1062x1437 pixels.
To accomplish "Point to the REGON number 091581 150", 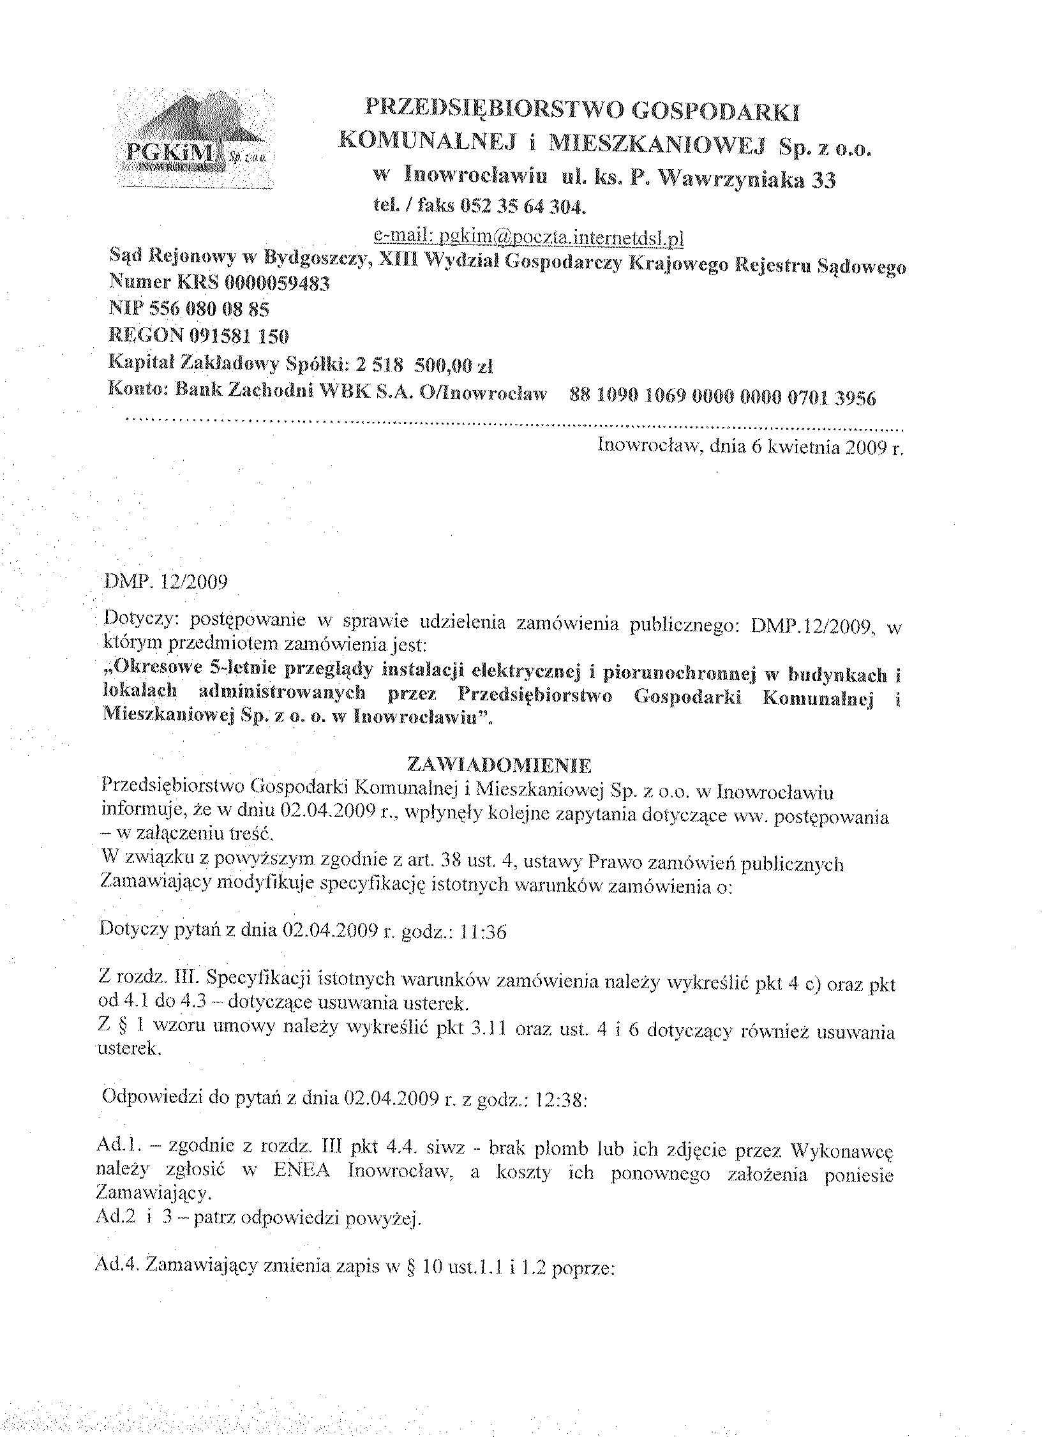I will click(x=239, y=336).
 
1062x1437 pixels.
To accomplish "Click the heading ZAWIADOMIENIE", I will click(x=500, y=765).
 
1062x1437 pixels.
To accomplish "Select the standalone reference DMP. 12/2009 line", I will click(x=165, y=582).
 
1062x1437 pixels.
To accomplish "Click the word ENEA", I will click(x=301, y=1171).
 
